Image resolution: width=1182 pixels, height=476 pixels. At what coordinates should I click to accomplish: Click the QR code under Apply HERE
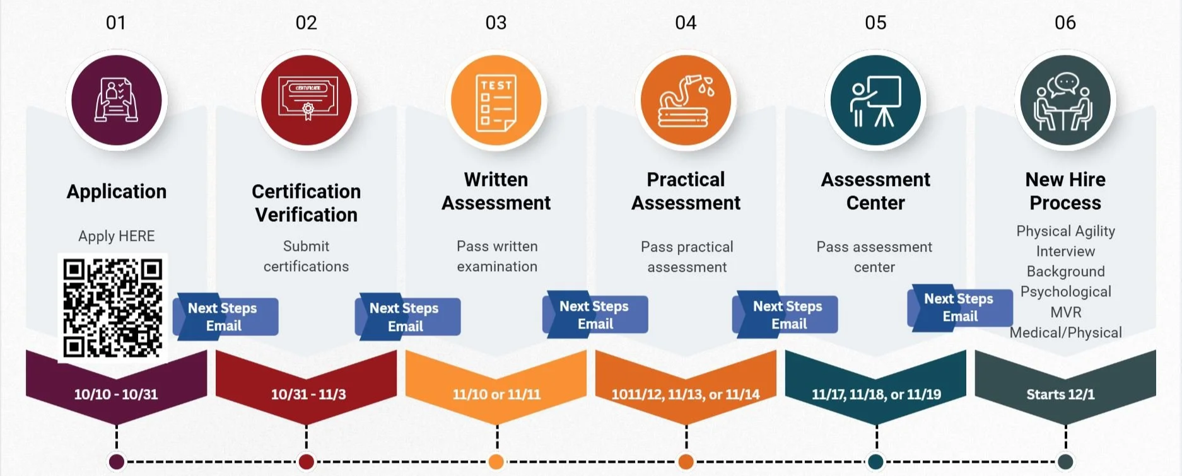point(113,308)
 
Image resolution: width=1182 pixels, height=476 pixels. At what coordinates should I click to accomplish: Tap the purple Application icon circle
point(117,100)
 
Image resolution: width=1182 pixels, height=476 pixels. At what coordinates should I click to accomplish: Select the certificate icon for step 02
point(307,100)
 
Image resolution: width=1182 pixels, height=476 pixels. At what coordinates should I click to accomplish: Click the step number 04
point(686,23)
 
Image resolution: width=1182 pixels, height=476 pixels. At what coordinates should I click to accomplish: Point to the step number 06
point(1065,23)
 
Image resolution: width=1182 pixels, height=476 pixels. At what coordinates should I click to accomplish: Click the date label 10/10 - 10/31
point(116,395)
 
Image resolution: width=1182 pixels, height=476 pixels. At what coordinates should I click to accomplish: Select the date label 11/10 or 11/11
point(496,395)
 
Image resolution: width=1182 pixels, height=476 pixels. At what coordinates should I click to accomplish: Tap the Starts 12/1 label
point(1060,395)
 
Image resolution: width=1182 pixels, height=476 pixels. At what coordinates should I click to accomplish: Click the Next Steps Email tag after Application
point(225,316)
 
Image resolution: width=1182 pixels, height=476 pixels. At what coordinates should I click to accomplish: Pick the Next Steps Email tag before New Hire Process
point(959,307)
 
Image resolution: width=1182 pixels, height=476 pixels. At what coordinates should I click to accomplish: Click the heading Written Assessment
point(496,191)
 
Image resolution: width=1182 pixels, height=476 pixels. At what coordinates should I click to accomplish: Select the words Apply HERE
point(117,236)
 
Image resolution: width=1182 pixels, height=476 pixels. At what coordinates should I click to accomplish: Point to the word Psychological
point(1065,292)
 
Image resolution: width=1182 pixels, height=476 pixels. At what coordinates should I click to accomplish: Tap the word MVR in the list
point(1065,312)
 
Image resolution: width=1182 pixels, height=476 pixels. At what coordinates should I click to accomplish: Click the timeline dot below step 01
point(117,461)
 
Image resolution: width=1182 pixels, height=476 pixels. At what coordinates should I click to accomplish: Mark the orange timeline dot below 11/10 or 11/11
point(496,461)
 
